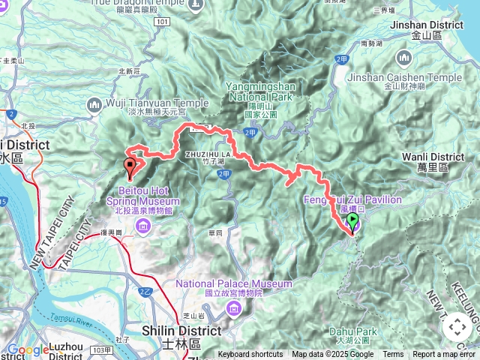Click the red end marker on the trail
click(x=130, y=167)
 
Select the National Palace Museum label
click(x=234, y=284)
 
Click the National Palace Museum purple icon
click(x=234, y=307)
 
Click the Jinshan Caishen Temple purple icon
click(x=405, y=57)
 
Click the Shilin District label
click(x=182, y=331)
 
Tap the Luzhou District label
click(x=58, y=347)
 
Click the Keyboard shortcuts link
click(x=250, y=355)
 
